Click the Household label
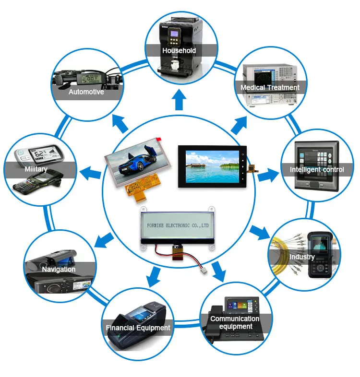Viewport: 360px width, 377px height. click(x=179, y=50)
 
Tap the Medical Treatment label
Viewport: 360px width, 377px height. click(x=270, y=87)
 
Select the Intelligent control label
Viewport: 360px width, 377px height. click(x=317, y=169)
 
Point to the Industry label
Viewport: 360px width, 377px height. click(x=302, y=257)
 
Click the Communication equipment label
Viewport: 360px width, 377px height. click(x=235, y=322)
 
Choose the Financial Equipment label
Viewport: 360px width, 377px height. click(x=138, y=328)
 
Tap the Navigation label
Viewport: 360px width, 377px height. click(x=59, y=269)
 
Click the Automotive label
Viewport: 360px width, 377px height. click(x=86, y=92)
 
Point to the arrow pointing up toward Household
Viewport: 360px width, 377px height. click(x=180, y=100)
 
